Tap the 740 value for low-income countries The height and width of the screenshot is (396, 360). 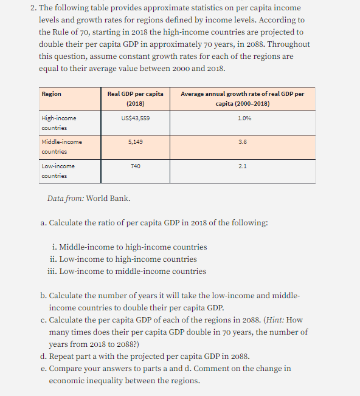[x=135, y=165]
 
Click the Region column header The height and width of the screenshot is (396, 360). [x=51, y=94]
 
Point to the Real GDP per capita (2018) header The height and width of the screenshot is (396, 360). [x=135, y=98]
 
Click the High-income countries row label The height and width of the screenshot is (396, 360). [x=59, y=123]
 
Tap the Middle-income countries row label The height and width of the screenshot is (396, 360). [x=61, y=146]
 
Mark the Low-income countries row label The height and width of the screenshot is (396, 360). [x=58, y=170]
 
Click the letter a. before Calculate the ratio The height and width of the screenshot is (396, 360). [x=44, y=223]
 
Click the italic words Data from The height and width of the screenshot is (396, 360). [x=65, y=199]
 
